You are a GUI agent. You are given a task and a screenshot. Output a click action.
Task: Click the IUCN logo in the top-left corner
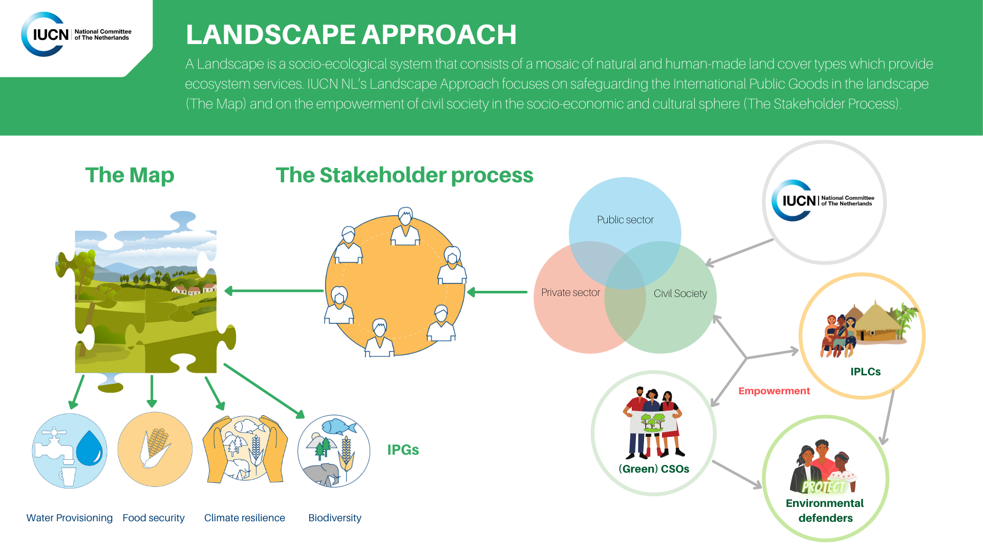pos(77,34)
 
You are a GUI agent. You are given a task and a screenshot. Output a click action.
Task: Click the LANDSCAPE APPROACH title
pos(351,35)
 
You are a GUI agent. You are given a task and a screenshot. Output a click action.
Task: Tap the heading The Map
pos(130,175)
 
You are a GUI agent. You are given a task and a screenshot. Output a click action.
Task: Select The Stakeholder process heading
pos(404,175)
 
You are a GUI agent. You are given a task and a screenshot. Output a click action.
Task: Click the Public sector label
pos(625,220)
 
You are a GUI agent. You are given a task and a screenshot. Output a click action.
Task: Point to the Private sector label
pos(570,292)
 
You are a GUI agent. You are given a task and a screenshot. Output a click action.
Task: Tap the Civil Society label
pos(680,293)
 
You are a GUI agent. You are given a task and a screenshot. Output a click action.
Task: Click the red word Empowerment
pos(774,391)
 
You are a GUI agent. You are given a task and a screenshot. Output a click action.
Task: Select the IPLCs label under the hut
pos(865,372)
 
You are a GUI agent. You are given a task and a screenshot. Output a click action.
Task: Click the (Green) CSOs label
pos(654,469)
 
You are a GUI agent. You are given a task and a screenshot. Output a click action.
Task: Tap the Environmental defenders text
pos(825,511)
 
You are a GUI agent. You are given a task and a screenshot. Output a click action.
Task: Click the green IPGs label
pos(403,450)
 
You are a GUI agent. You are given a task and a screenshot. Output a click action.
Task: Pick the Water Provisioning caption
pos(70,518)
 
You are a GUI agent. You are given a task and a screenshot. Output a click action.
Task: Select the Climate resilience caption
pos(244,518)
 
